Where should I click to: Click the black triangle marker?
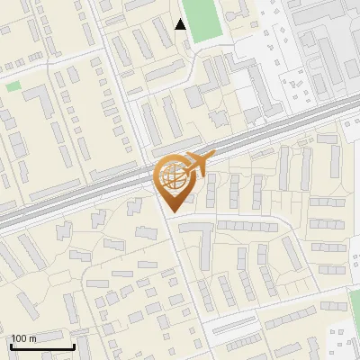(x=181, y=24)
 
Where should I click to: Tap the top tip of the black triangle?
(x=181, y=19)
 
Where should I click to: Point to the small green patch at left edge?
(x=13, y=86)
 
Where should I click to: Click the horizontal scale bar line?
(x=40, y=346)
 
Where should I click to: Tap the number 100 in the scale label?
(x=19, y=338)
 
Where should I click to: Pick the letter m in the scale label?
(x=32, y=338)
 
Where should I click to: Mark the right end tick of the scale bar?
(x=73, y=345)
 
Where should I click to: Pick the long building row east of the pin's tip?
(x=248, y=225)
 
